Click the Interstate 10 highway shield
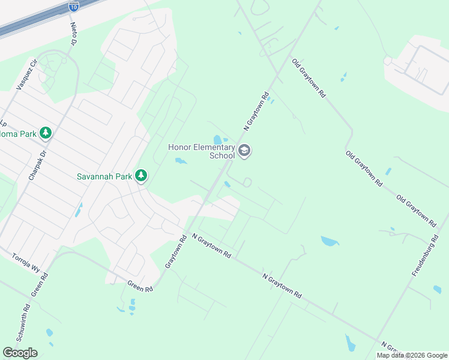pyautogui.click(x=73, y=6)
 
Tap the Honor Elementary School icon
pyautogui.click(x=244, y=150)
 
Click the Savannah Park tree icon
pyautogui.click(x=141, y=176)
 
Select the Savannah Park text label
pyautogui.click(x=104, y=176)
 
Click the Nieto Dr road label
pyautogui.click(x=74, y=34)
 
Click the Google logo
pyautogui.click(x=20, y=352)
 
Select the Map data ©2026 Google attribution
pyautogui.click(x=411, y=355)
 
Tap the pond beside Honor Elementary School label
pyautogui.click(x=217, y=140)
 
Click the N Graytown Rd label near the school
pyautogui.click(x=256, y=111)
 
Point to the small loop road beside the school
pyautogui.click(x=247, y=182)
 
